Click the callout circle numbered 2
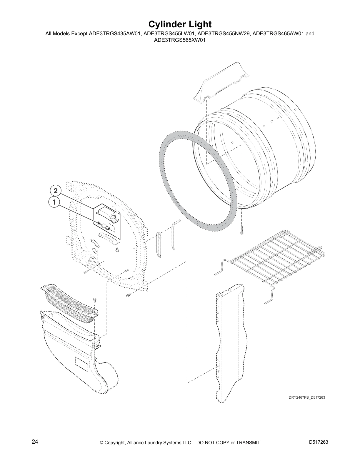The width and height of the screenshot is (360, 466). tap(55, 191)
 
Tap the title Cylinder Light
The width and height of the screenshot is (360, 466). tap(180, 24)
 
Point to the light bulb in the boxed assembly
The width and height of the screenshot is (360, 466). tap(105, 227)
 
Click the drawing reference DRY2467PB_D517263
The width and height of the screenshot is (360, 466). tap(306, 397)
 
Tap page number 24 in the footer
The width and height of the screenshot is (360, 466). tap(35, 442)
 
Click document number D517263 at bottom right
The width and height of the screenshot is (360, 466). tap(319, 442)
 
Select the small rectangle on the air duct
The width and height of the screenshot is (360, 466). tap(81, 364)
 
